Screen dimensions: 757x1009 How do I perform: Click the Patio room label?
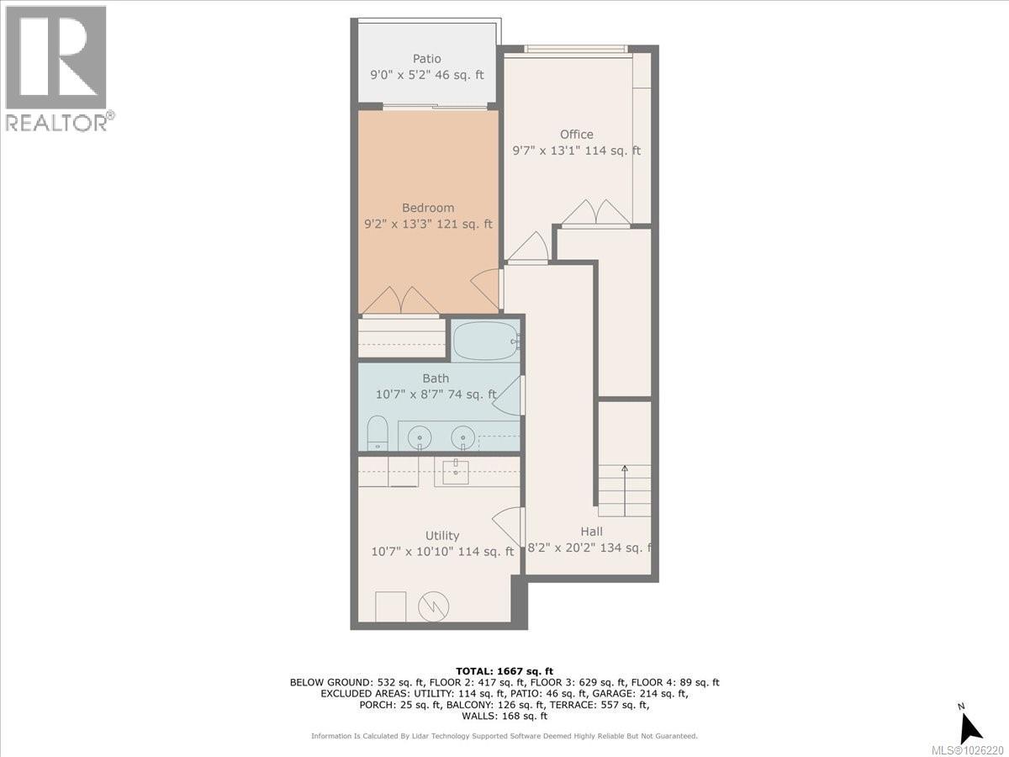[x=426, y=58]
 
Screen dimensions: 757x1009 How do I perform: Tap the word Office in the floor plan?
[x=576, y=134]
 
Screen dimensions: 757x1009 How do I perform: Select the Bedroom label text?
[x=427, y=208]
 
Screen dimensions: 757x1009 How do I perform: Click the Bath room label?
[x=435, y=378]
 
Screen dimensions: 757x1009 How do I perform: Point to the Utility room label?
[x=441, y=536]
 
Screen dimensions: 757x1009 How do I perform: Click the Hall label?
[x=590, y=532]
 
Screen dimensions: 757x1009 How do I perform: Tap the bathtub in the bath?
[x=485, y=341]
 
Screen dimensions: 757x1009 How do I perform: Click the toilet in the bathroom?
[x=378, y=432]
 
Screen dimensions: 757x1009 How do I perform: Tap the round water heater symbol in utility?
[x=434, y=606]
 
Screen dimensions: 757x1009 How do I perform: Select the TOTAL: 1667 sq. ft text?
[x=504, y=670]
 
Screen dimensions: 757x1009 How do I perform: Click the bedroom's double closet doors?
[x=399, y=301]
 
